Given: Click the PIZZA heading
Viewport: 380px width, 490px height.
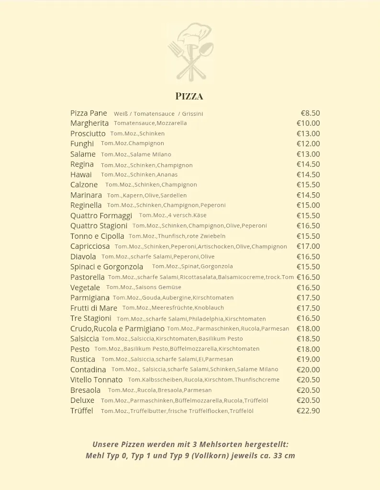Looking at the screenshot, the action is pyautogui.click(x=189, y=96).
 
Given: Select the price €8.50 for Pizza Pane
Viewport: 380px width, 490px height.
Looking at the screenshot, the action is pyautogui.click(x=310, y=113).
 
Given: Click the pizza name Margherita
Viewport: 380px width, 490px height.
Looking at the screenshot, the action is pyautogui.click(x=89, y=123).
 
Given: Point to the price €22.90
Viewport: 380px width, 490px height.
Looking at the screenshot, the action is pyautogui.click(x=308, y=411).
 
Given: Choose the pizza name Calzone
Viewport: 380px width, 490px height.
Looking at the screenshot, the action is pyautogui.click(x=84, y=185).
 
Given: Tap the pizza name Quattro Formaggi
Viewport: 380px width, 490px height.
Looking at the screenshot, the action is pyautogui.click(x=101, y=215).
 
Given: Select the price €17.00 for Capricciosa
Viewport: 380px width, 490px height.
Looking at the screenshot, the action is pyautogui.click(x=308, y=246).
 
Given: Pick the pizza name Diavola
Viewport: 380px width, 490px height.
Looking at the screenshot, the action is pyautogui.click(x=83, y=256).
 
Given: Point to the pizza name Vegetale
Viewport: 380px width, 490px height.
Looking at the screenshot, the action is pyautogui.click(x=85, y=288).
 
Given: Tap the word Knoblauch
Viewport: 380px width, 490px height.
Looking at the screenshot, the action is pyautogui.click(x=209, y=308).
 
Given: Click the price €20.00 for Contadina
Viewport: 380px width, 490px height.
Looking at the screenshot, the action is pyautogui.click(x=308, y=369).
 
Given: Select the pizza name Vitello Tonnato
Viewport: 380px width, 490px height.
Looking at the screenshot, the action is pyautogui.click(x=96, y=380).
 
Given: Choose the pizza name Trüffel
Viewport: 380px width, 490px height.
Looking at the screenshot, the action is pyautogui.click(x=82, y=411).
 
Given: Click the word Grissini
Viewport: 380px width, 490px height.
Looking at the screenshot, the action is pyautogui.click(x=192, y=114).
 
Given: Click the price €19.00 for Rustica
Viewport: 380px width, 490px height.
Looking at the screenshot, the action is pyautogui.click(x=308, y=359).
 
